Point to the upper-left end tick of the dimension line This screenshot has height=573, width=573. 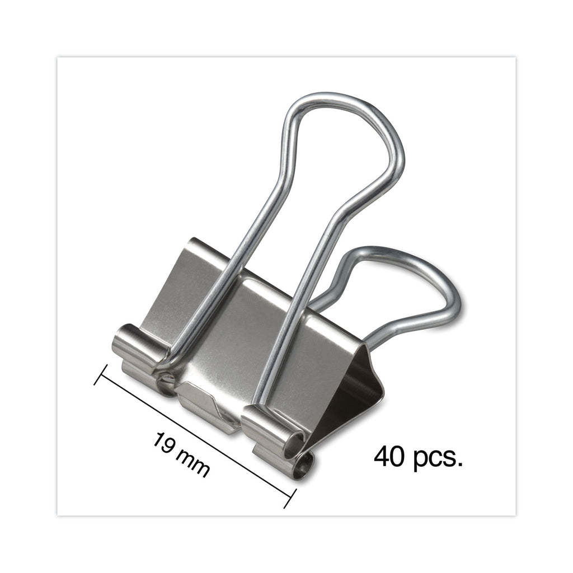(x=101, y=374)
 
